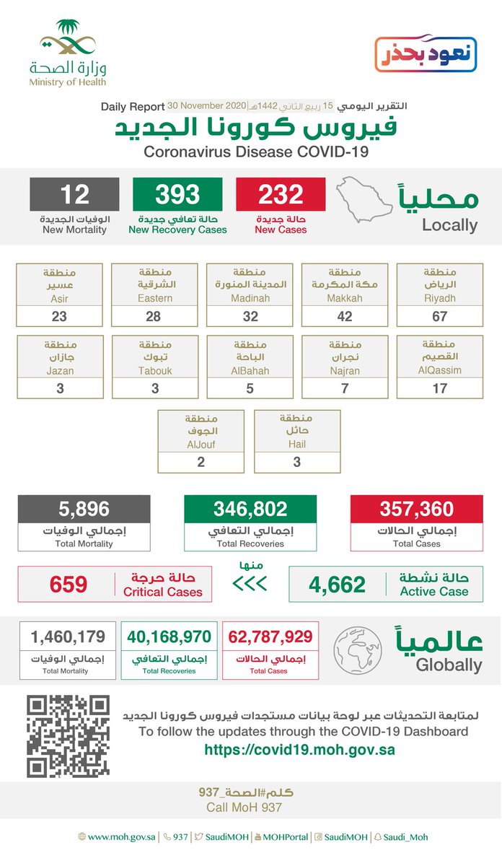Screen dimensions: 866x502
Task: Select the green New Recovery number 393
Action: click(177, 195)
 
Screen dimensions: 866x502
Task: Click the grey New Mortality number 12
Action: click(74, 195)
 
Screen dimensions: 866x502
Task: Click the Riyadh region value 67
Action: click(439, 316)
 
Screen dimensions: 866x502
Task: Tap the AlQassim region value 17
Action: click(439, 388)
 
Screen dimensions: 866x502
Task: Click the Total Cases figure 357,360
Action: click(416, 509)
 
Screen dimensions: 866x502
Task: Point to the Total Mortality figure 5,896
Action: click(84, 509)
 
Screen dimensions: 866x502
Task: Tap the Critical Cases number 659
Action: click(69, 584)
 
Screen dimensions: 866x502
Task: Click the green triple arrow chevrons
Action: click(250, 582)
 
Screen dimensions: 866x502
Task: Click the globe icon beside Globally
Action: click(358, 648)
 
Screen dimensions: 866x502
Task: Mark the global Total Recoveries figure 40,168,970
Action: click(169, 637)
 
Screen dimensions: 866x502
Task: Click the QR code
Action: click(69, 736)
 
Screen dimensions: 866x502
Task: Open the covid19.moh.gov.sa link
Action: click(299, 750)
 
